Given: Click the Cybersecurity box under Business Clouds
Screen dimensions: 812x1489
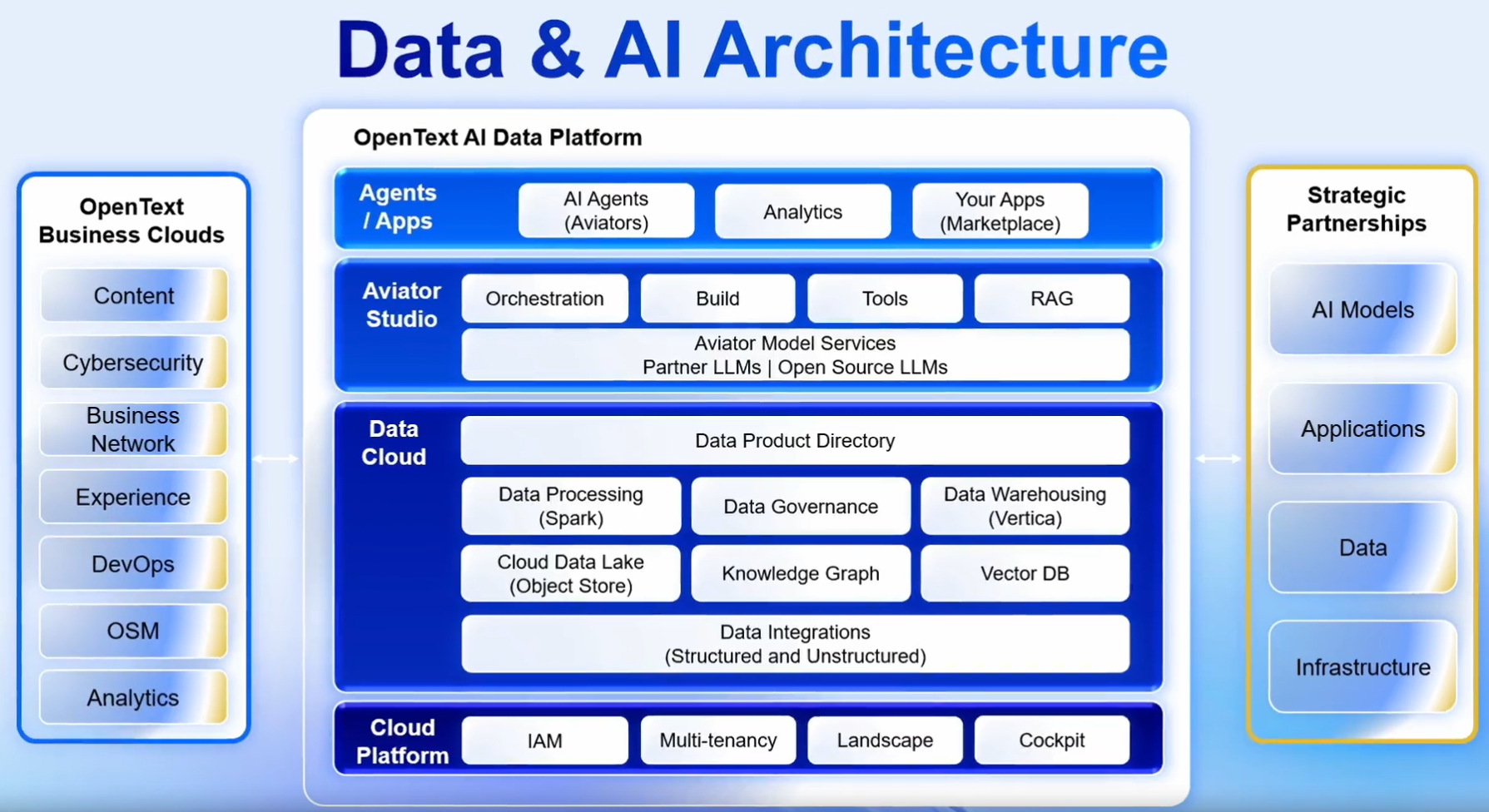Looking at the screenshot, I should coord(133,363).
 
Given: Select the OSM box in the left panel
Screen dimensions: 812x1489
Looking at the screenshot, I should coord(133,631).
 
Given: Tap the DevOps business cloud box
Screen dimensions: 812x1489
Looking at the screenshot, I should coord(133,564).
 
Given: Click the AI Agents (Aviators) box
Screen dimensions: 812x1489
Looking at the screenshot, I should coord(606,211).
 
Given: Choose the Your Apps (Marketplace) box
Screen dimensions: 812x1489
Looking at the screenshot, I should coord(1000,211).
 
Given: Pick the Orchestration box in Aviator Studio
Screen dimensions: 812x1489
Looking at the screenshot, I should coord(544,299).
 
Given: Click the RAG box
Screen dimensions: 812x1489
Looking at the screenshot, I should coord(1051,299).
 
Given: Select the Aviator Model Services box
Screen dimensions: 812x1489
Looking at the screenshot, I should coord(795,355).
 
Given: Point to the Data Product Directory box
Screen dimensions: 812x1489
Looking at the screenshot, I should coord(795,441).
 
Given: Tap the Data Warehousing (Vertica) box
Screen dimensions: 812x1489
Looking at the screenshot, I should coord(1025,506).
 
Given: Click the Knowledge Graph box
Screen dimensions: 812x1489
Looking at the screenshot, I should coord(800,573).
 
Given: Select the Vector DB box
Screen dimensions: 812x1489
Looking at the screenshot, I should coord(1025,573).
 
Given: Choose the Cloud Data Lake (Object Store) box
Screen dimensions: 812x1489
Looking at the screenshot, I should coord(570,573).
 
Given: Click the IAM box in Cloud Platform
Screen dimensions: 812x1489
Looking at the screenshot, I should coord(544,740).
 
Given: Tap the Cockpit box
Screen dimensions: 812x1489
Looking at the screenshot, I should coord(1051,740).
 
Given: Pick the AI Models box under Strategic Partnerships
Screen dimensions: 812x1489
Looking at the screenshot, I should coord(1362,309).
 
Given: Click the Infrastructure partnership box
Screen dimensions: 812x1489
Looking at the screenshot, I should coord(1362,667).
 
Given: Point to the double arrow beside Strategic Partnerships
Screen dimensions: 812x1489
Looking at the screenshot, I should coord(1218,458).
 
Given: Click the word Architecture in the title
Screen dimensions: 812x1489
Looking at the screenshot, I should coord(936,50).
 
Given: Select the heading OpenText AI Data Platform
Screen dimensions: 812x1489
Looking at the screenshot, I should coord(498,137).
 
